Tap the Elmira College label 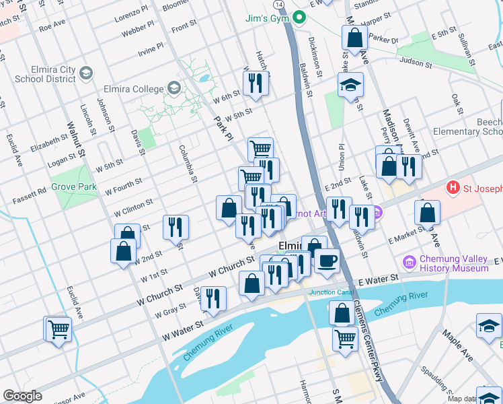coord(133,89)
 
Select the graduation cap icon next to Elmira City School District coord(85,72)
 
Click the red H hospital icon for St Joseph coord(453,187)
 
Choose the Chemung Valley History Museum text coord(454,263)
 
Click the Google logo coord(22,396)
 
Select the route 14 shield coord(278,5)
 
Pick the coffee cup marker coord(327,260)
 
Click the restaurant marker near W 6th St coord(255,82)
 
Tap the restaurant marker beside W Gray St coord(213,298)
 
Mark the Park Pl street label coord(223,127)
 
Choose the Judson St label coord(415,62)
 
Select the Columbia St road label coord(187,164)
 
